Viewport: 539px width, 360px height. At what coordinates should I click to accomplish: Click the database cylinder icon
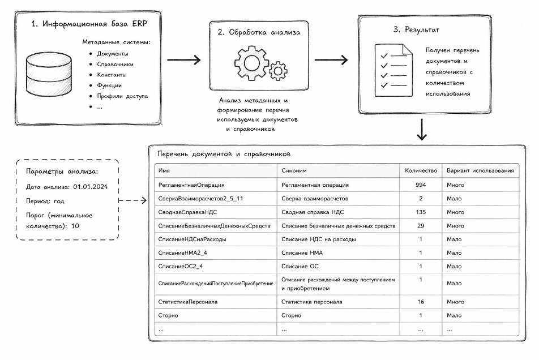[49, 74]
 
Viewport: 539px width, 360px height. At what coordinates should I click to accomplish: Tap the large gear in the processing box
[251, 63]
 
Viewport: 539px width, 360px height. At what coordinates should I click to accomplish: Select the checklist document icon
[393, 70]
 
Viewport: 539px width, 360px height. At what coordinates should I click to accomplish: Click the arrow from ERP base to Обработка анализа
[183, 60]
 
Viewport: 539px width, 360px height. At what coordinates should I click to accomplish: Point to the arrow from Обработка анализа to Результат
[331, 60]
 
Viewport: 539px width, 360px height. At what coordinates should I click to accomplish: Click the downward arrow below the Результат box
[422, 130]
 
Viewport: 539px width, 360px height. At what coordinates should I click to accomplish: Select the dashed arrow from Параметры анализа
[132, 200]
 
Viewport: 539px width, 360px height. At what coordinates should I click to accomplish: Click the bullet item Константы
[112, 75]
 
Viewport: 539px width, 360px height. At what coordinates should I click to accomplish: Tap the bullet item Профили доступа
[122, 96]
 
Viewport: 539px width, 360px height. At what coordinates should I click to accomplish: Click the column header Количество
[421, 170]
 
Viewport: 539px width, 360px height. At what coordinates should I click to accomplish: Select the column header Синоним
[294, 170]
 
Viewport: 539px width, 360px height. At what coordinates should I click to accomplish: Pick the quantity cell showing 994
[421, 185]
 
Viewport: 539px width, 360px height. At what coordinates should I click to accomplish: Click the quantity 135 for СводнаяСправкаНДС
[421, 212]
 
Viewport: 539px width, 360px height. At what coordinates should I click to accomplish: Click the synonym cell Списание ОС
[300, 266]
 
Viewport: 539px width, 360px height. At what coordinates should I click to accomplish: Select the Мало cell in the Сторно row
[454, 315]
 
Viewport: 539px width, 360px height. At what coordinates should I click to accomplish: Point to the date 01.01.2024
[91, 187]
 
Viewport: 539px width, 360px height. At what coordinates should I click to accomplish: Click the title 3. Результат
[416, 30]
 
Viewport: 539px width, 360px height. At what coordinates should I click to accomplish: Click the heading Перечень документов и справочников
[224, 154]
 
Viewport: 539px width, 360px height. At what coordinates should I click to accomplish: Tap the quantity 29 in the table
[421, 226]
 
